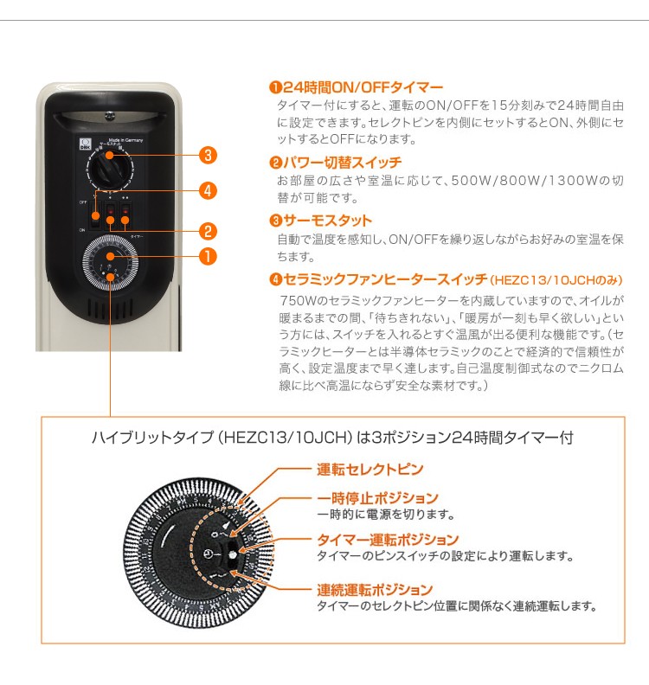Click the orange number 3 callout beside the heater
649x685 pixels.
coord(207,156)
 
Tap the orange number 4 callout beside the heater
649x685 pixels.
coord(207,190)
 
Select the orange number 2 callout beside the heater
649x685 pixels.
coord(207,231)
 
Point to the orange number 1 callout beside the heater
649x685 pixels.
coord(207,255)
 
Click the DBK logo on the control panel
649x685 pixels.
coord(86,144)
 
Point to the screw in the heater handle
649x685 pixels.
coord(110,113)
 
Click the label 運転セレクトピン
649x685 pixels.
coord(369,470)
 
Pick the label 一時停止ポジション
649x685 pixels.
coord(377,499)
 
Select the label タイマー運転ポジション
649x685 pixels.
coord(388,541)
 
